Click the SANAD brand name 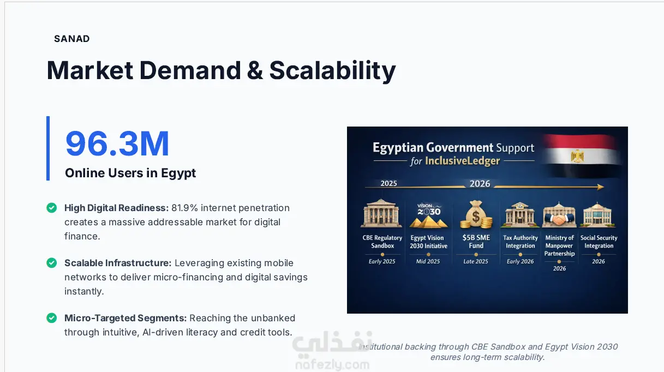pyautogui.click(x=71, y=39)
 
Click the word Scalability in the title pyautogui.click(x=333, y=71)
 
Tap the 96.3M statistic pyautogui.click(x=117, y=144)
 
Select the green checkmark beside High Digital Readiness pyautogui.click(x=52, y=208)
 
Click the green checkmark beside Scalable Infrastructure pyautogui.click(x=52, y=263)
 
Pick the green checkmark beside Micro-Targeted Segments pyautogui.click(x=52, y=318)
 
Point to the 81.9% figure pyautogui.click(x=184, y=208)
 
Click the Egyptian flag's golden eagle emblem pyautogui.click(x=577, y=156)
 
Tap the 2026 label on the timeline pyautogui.click(x=480, y=184)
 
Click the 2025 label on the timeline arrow pyautogui.click(x=388, y=183)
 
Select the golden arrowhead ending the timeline pyautogui.click(x=600, y=187)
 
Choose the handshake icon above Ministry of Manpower pyautogui.click(x=559, y=220)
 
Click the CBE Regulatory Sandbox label pyautogui.click(x=382, y=242)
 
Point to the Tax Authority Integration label pyautogui.click(x=521, y=242)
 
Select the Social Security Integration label pyautogui.click(x=599, y=242)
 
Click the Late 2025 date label pyautogui.click(x=476, y=261)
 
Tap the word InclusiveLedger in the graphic pyautogui.click(x=463, y=161)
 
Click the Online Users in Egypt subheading pyautogui.click(x=130, y=173)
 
